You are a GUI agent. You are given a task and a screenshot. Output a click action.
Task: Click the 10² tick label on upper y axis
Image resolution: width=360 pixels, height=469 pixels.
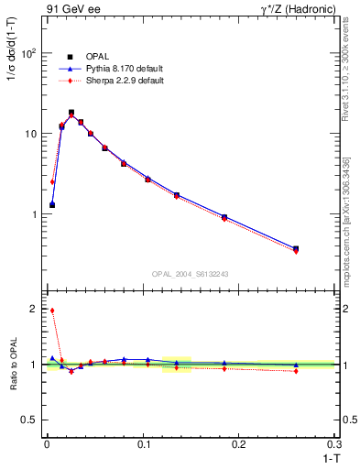30,53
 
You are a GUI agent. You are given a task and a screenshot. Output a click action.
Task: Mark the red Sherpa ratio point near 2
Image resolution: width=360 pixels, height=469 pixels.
52,311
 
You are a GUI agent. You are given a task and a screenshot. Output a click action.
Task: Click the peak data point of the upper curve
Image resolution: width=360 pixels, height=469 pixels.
71,113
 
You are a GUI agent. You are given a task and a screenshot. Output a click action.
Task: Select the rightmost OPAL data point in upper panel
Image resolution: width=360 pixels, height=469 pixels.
295,248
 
